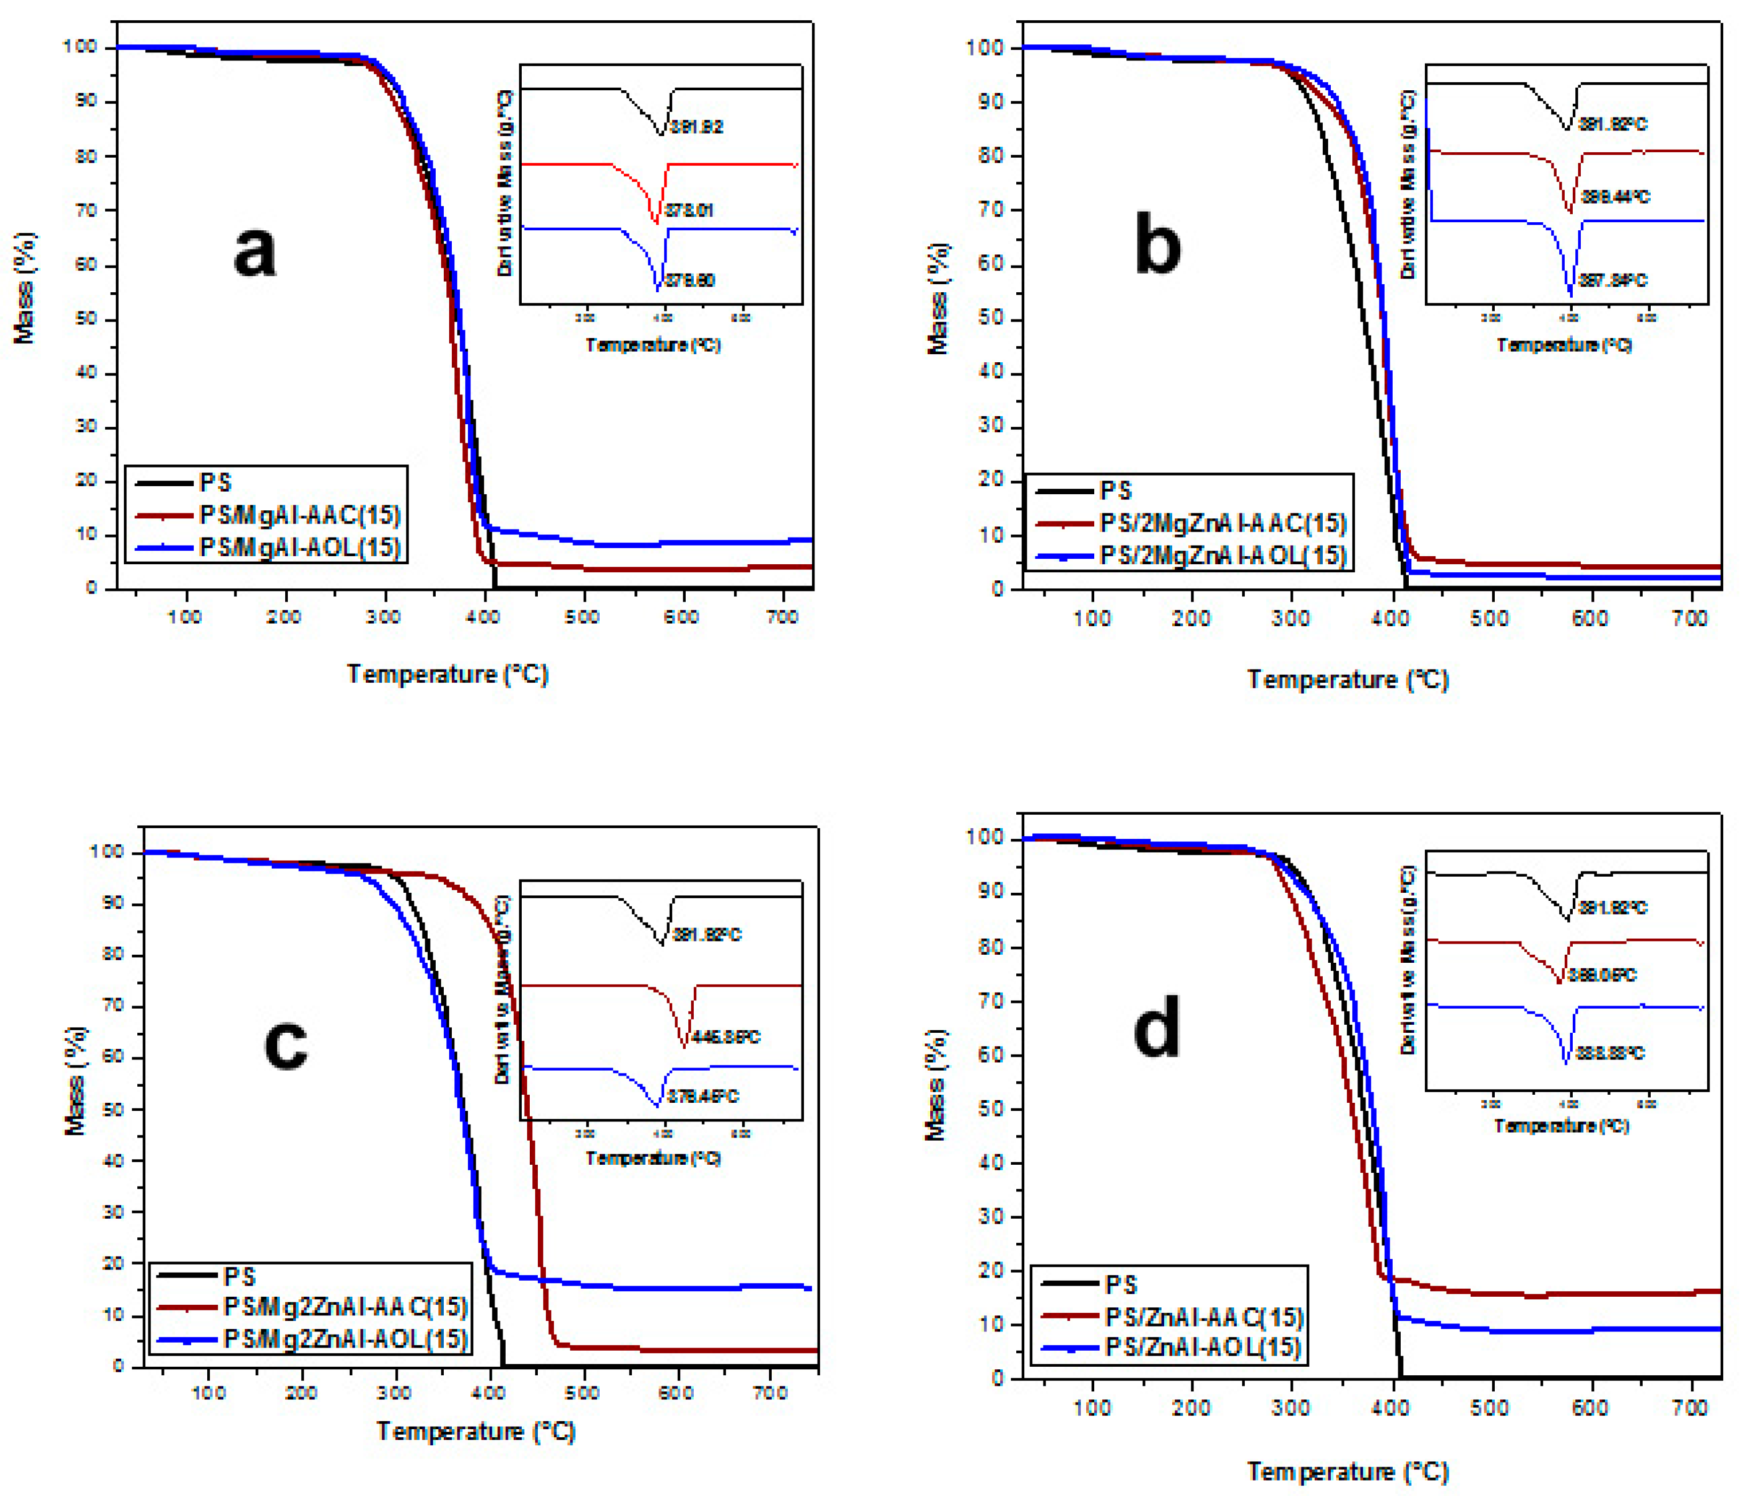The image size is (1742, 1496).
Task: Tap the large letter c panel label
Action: pos(286,1045)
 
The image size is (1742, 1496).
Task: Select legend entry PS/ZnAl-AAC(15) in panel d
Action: pos(1204,1317)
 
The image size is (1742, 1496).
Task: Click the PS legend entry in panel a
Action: pos(215,482)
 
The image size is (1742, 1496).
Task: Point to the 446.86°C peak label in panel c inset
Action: pos(726,1037)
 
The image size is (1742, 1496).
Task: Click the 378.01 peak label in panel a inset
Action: pos(688,210)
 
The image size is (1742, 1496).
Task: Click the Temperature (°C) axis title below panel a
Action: pos(448,674)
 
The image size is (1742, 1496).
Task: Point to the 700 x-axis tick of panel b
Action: pos(1689,619)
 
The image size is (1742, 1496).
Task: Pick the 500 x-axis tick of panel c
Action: pos(582,1392)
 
